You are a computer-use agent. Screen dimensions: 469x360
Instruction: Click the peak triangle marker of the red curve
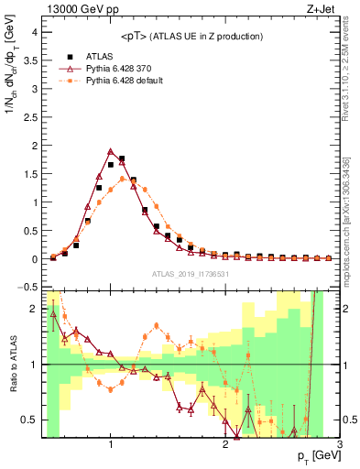(x=111, y=151)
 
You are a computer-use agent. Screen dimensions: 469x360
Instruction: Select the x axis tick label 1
(x=111, y=444)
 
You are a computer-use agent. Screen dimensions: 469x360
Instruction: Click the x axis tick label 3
(x=339, y=444)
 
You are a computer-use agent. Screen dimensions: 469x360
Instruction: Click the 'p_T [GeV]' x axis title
(x=312, y=456)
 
